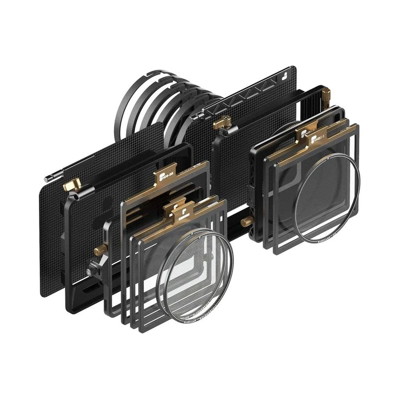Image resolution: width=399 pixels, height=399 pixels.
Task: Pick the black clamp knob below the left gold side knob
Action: pyautogui.click(x=90, y=272)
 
